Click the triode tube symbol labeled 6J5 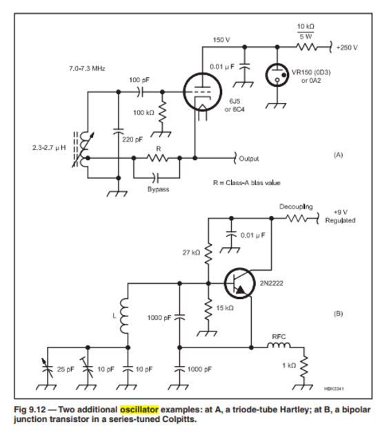pyautogui.click(x=202, y=92)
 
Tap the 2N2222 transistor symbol pyautogui.click(x=239, y=283)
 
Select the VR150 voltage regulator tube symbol pyautogui.click(x=277, y=75)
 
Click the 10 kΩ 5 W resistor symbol pyautogui.click(x=307, y=47)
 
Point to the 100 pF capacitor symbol pyautogui.click(x=140, y=92)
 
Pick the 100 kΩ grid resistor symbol pyautogui.click(x=163, y=112)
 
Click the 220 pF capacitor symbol pyautogui.click(x=119, y=131)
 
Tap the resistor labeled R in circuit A pyautogui.click(x=158, y=158)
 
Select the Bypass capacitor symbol pyautogui.click(x=156, y=177)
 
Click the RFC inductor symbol pyautogui.click(x=279, y=345)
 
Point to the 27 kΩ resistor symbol pyautogui.click(x=208, y=253)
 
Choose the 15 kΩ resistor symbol pyautogui.click(x=208, y=309)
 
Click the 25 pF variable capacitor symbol pyautogui.click(x=48, y=368)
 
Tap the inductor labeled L pyautogui.click(x=124, y=316)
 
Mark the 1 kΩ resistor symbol pyautogui.click(x=304, y=366)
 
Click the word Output pyautogui.click(x=249, y=159)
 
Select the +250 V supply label pyautogui.click(x=347, y=48)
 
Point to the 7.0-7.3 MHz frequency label pyautogui.click(x=88, y=68)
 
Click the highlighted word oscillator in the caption pyautogui.click(x=139, y=410)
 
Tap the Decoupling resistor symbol pyautogui.click(x=297, y=218)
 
